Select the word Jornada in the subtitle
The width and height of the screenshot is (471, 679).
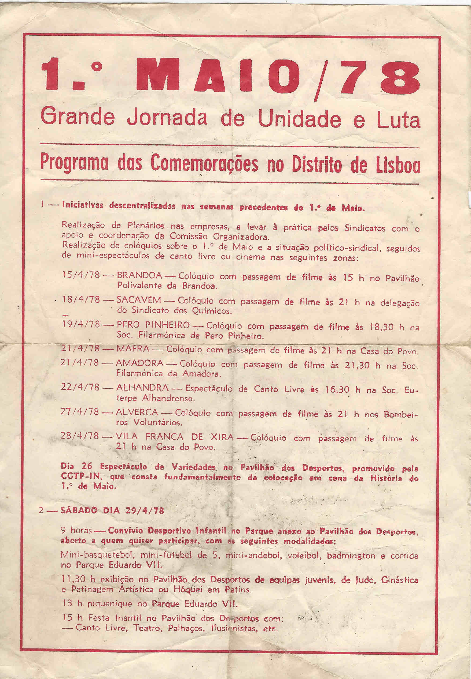167,118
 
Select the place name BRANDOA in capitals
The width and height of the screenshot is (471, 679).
139,276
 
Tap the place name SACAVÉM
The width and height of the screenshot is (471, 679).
139,300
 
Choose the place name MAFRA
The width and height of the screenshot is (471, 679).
133,349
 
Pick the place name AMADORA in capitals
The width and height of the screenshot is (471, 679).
139,363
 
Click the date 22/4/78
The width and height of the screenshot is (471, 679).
80,387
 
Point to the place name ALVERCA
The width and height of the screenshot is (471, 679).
137,412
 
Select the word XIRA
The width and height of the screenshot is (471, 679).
221,436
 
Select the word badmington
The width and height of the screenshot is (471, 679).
351,556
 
